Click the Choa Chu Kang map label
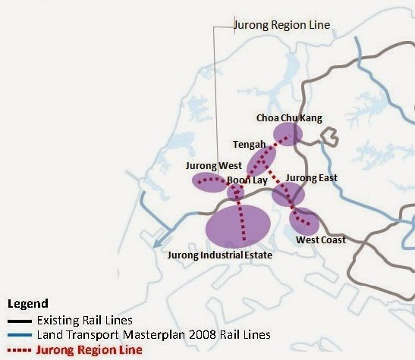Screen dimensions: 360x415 pyautogui.click(x=289, y=118)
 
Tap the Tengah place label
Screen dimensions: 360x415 pyautogui.click(x=250, y=145)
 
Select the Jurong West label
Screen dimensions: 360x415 pyautogui.click(x=213, y=165)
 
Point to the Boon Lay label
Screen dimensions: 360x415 pyautogui.click(x=247, y=180)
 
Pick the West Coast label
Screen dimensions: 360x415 pyautogui.click(x=320, y=239)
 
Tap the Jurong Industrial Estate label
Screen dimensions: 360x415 pyautogui.click(x=219, y=255)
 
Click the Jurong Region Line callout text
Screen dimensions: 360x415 pyautogui.click(x=283, y=25)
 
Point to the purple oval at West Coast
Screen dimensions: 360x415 pyautogui.click(x=304, y=221)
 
